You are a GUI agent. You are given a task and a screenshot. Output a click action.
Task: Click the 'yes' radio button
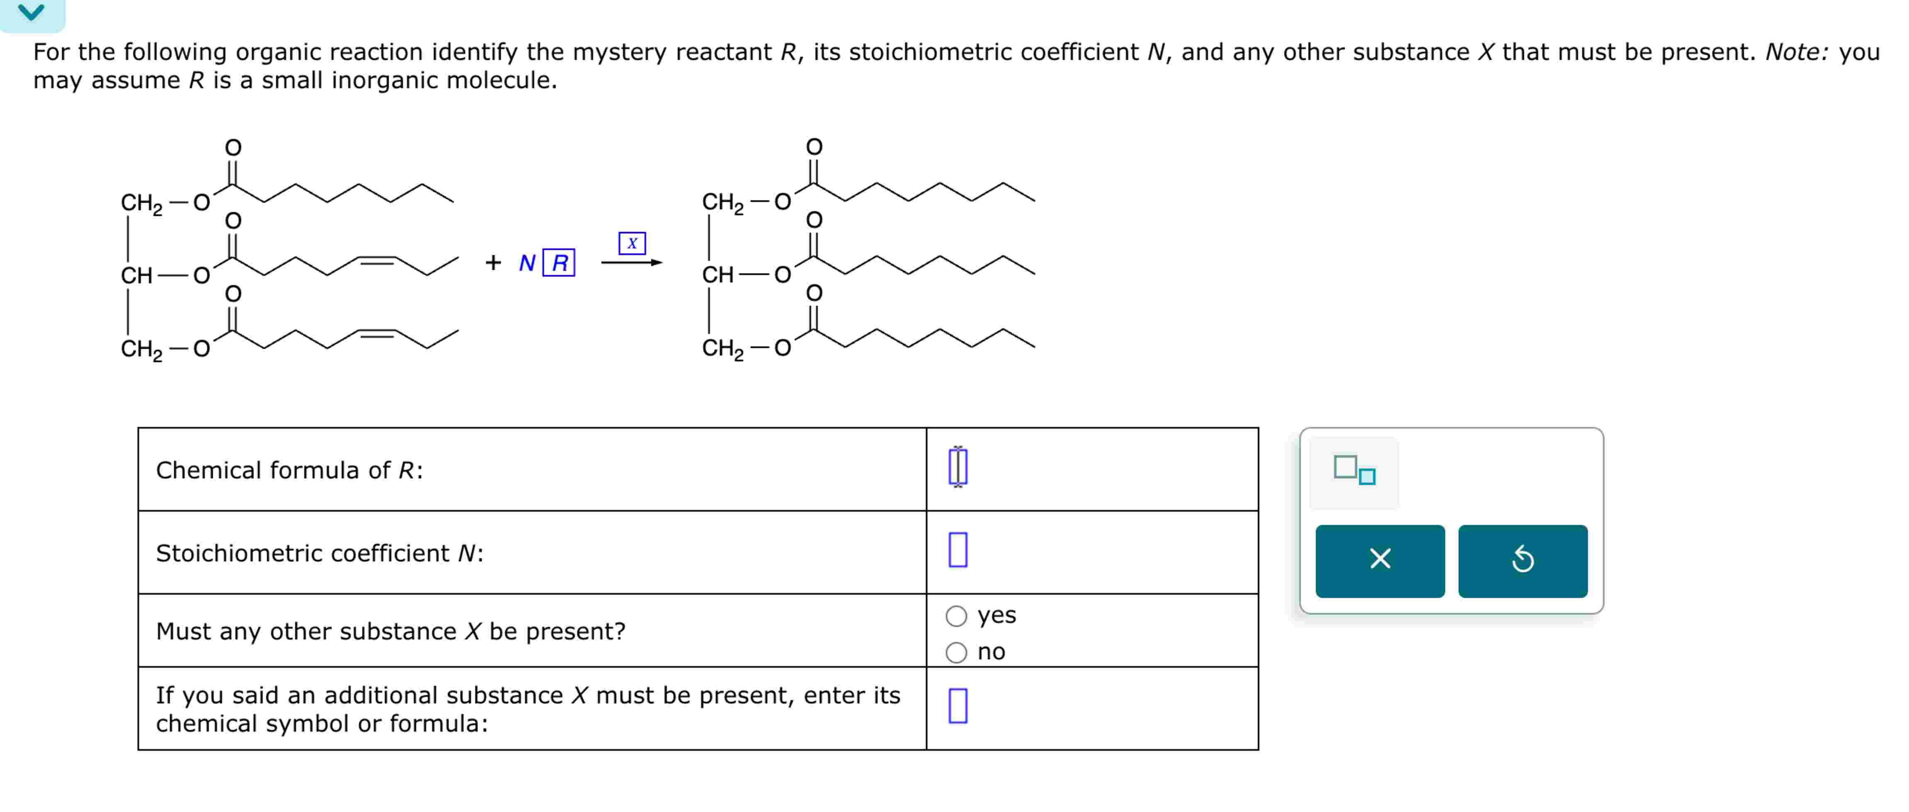(x=956, y=616)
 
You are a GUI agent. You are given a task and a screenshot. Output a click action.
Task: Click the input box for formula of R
(x=958, y=467)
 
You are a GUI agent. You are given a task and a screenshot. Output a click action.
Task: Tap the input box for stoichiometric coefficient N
(x=958, y=550)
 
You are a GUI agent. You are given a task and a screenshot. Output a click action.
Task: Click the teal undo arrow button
(x=1522, y=560)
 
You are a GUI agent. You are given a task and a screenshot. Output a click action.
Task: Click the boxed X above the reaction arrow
(x=631, y=243)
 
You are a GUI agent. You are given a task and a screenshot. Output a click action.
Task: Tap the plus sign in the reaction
(x=493, y=262)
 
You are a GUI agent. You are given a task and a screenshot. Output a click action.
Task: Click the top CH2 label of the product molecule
(x=722, y=203)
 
